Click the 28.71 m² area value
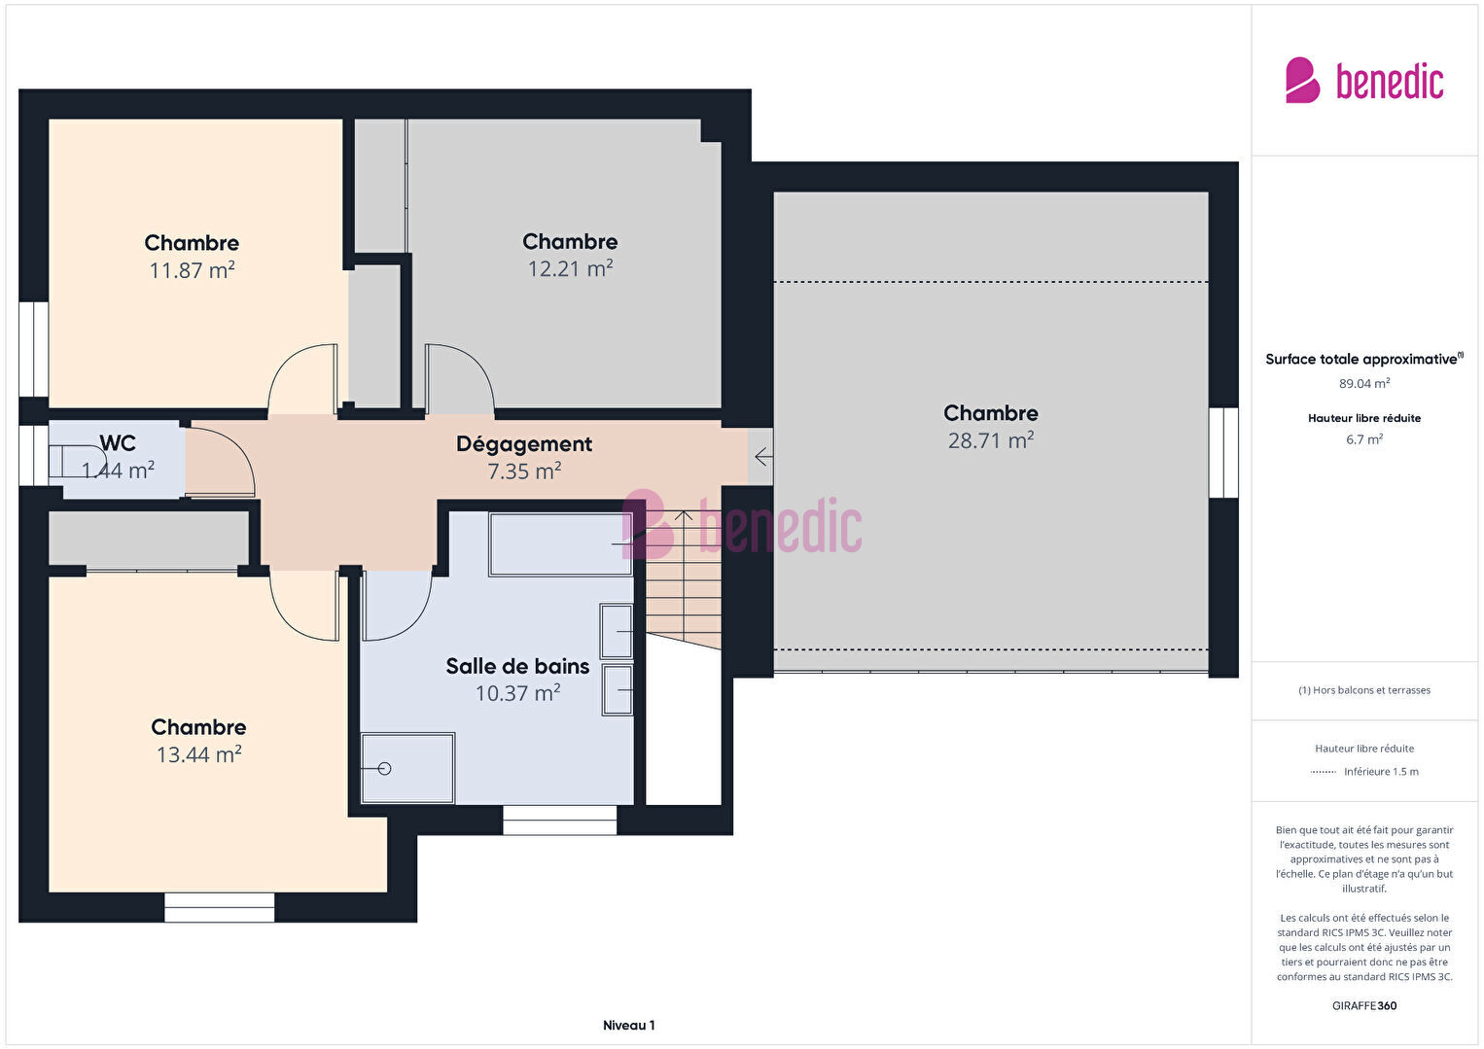tap(990, 440)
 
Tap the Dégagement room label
tap(524, 444)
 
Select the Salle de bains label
tap(517, 666)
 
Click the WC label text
tap(118, 442)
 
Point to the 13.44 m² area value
tap(198, 754)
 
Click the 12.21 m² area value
tap(570, 268)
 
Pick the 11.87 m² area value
tap(193, 270)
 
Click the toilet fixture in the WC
tap(77, 461)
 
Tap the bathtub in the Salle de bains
tap(560, 544)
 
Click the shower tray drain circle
tap(384, 768)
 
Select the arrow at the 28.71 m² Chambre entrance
tap(763, 457)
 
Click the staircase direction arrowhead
tap(684, 515)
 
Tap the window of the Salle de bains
tap(560, 820)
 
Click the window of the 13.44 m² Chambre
tap(219, 907)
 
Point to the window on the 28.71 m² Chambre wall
tap(1223, 453)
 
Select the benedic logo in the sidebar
tap(1364, 82)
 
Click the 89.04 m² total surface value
tap(1364, 383)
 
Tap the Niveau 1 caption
tap(629, 1025)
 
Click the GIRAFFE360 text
tap(1364, 1005)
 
